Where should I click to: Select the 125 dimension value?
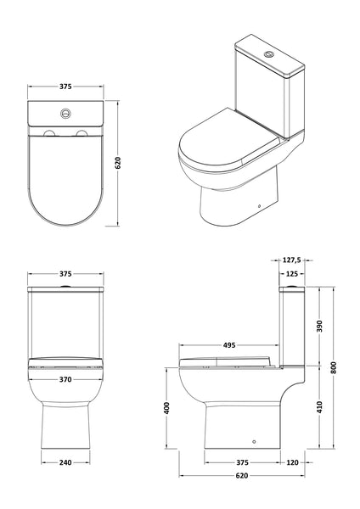pos(292,274)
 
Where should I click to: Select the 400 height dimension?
pos(169,409)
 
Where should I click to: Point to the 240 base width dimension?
pos(64,463)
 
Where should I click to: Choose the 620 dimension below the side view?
pos(243,478)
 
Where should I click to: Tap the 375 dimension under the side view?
pos(243,463)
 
